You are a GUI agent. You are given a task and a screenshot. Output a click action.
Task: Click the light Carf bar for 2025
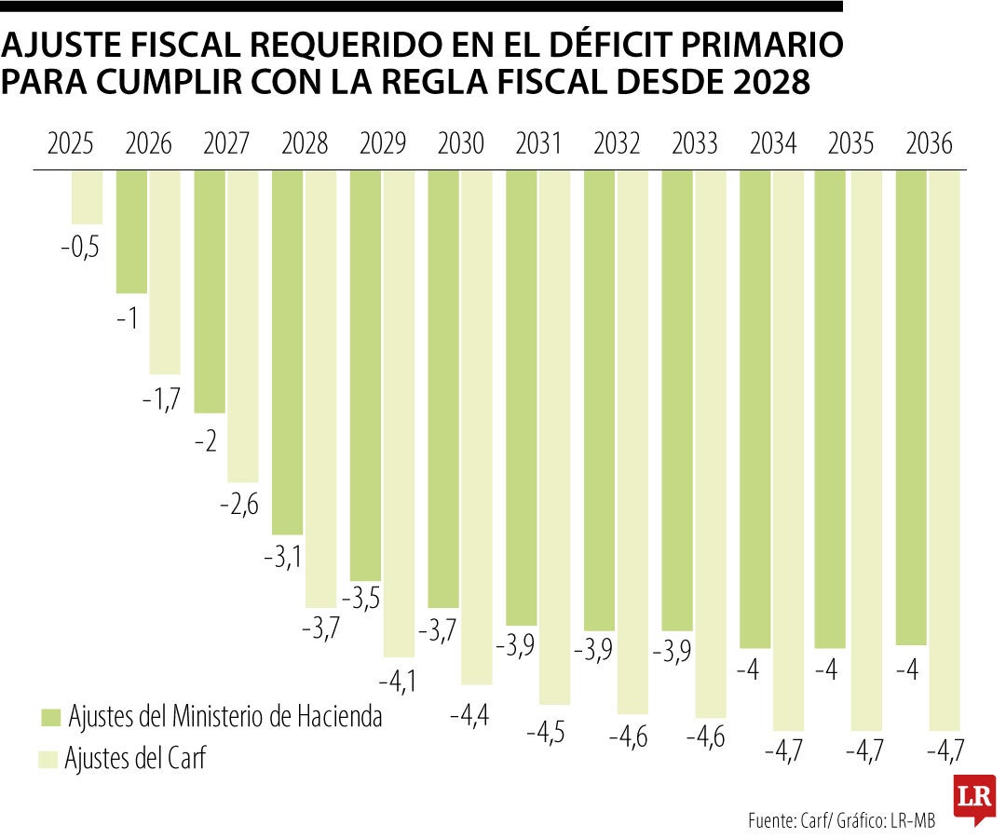pyautogui.click(x=87, y=197)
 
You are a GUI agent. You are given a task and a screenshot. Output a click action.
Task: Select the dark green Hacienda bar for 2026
pyautogui.click(x=131, y=231)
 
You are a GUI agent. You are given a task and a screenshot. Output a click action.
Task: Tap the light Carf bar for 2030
pyautogui.click(x=476, y=427)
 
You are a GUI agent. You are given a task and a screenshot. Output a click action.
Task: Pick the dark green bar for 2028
pyautogui.click(x=287, y=352)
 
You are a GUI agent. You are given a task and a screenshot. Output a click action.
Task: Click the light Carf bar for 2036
pyautogui.click(x=945, y=450)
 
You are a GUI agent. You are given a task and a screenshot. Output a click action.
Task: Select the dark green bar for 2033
pyautogui.click(x=677, y=400)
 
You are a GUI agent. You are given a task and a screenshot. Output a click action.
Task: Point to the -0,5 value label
pyautogui.click(x=79, y=249)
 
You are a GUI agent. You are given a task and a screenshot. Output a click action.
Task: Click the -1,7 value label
pyautogui.click(x=161, y=399)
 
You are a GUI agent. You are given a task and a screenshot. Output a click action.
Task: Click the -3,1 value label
pyautogui.click(x=282, y=559)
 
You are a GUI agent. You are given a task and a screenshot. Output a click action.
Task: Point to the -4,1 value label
pyautogui.click(x=397, y=683)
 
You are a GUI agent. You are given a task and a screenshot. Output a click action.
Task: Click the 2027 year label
pyautogui.click(x=225, y=144)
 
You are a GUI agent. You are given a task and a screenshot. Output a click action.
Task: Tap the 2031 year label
pyautogui.click(x=538, y=144)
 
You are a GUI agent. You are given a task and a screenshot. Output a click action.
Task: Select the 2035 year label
pyautogui.click(x=850, y=144)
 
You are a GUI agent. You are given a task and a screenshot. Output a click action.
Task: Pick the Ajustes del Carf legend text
pyautogui.click(x=135, y=759)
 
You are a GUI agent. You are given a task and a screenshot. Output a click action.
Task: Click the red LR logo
pyautogui.click(x=974, y=797)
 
